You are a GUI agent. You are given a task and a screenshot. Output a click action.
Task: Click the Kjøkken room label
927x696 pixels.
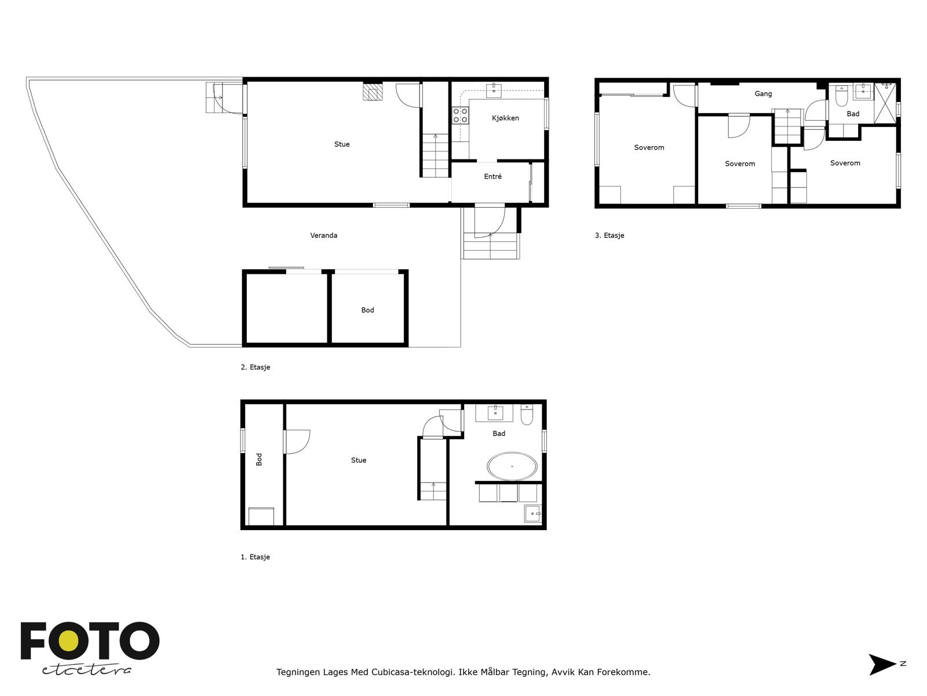[505, 118]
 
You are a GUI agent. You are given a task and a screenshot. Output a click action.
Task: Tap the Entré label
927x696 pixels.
[492, 177]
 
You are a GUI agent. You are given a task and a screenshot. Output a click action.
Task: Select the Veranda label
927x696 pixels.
[323, 235]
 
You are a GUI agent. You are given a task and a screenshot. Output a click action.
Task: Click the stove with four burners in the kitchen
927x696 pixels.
[461, 115]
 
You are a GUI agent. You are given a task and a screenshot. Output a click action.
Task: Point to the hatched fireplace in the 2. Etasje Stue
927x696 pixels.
[373, 92]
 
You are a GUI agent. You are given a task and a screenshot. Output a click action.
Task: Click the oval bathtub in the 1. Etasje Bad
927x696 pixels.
[512, 466]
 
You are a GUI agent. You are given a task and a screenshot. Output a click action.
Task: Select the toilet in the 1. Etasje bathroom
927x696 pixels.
[527, 416]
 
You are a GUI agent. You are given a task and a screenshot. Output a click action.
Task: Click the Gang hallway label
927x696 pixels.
[763, 94]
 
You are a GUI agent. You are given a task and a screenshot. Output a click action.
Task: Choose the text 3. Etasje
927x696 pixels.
[610, 235]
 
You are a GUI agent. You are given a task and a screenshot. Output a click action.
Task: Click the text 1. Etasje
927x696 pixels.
[255, 557]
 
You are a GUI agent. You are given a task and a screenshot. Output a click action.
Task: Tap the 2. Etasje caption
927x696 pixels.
[255, 367]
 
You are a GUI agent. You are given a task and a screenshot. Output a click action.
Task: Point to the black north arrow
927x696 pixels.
[881, 664]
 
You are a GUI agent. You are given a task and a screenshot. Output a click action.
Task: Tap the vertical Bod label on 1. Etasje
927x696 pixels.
[259, 459]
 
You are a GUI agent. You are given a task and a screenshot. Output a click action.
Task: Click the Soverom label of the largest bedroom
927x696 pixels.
[649, 148]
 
